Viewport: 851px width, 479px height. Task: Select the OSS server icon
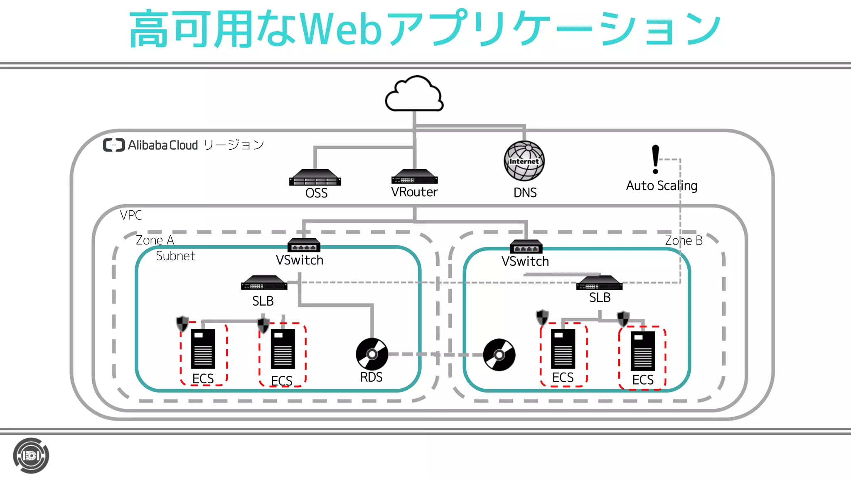315,178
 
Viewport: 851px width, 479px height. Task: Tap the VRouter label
414,192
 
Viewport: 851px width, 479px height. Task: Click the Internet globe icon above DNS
524,161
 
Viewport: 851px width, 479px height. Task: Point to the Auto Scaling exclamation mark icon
655,159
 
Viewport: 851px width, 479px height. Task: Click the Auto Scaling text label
662,185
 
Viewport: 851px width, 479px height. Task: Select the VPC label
131,215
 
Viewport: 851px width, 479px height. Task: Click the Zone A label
155,240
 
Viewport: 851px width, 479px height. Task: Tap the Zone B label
684,240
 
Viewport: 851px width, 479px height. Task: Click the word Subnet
175,256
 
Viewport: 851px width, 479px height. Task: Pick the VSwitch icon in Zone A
304,245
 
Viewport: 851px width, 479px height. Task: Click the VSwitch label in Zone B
525,262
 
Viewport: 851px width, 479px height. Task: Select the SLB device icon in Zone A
264,283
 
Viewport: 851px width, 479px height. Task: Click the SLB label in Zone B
600,298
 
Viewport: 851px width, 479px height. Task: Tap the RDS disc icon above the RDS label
372,354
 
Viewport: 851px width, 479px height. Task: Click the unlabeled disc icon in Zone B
499,355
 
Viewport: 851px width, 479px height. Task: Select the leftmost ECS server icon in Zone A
203,349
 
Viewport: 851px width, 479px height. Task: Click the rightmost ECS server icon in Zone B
642,351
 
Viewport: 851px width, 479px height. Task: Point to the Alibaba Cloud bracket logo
114,145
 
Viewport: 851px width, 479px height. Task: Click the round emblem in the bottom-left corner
31,456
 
